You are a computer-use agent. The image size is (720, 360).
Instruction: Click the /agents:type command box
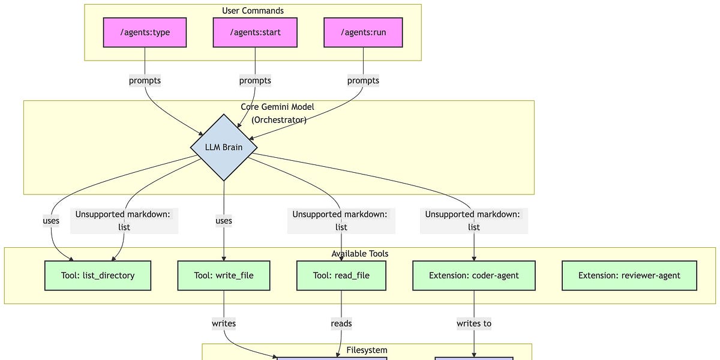(145, 32)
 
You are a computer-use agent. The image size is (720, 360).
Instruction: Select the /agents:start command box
(255, 32)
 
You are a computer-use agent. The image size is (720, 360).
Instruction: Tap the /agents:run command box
(363, 32)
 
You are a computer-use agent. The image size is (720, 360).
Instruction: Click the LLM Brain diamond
(224, 148)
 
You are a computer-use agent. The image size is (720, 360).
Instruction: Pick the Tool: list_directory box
(98, 275)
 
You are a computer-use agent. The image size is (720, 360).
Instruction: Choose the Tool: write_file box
(224, 275)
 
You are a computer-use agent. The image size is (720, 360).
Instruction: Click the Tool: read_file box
(341, 275)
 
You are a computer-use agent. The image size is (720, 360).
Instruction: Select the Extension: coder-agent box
(474, 275)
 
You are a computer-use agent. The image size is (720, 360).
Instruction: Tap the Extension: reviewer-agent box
(629, 275)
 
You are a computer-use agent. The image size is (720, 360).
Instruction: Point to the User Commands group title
(253, 11)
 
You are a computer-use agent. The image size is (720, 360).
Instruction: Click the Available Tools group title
(359, 254)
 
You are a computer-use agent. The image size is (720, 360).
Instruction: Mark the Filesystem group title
(367, 350)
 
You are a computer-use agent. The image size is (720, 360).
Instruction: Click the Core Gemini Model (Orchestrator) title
(278, 113)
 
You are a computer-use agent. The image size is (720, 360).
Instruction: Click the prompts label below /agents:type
(145, 80)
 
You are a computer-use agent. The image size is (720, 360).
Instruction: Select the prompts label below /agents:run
(363, 80)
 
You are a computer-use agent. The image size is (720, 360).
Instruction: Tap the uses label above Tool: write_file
(224, 221)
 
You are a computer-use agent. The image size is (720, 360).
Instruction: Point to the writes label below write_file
(224, 323)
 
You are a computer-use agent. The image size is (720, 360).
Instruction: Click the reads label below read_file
(341, 323)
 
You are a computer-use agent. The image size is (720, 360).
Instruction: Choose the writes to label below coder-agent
(474, 323)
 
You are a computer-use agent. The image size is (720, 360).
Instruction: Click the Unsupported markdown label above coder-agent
(474, 221)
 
